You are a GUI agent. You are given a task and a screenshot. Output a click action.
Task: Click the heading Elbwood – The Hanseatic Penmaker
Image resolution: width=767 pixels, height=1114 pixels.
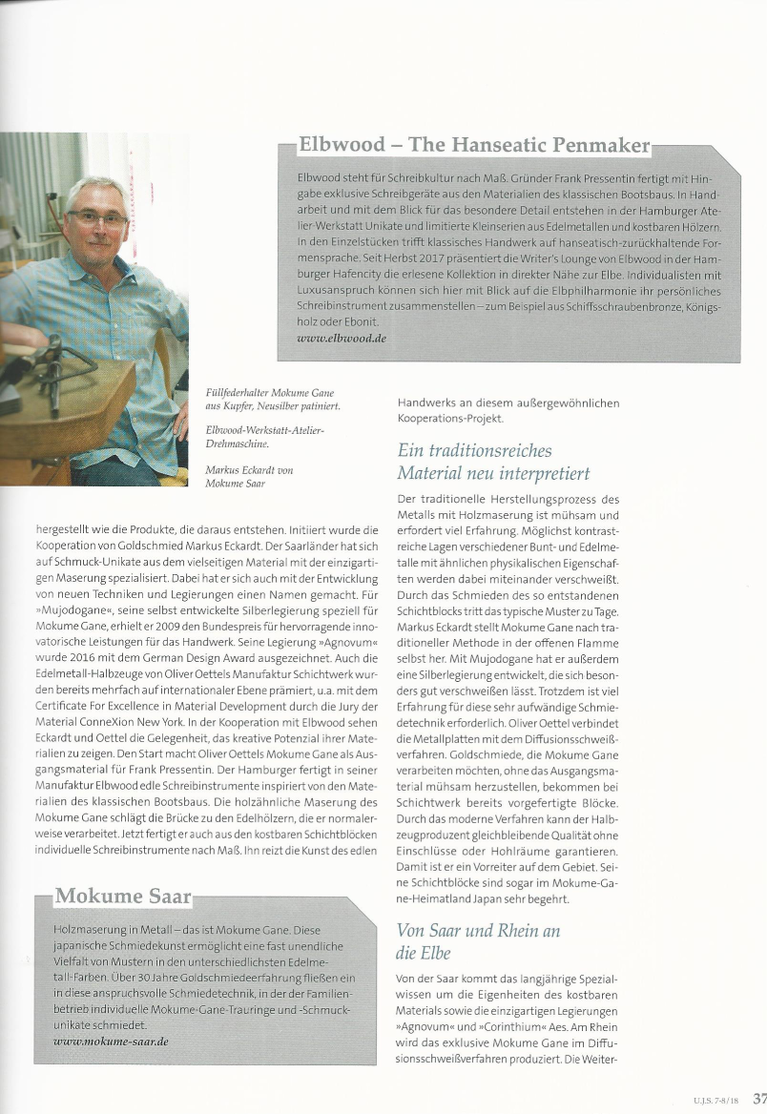pyautogui.click(x=474, y=146)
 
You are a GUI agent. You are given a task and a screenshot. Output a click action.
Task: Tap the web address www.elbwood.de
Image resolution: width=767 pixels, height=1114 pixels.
pyautogui.click(x=342, y=338)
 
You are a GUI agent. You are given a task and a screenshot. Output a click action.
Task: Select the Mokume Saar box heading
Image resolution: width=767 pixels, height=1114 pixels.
pyautogui.click(x=123, y=897)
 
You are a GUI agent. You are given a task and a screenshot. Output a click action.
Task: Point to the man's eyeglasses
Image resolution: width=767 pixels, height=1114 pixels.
pyautogui.click(x=97, y=218)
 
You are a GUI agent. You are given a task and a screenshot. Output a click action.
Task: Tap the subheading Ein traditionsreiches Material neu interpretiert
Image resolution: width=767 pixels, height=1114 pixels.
pyautogui.click(x=493, y=462)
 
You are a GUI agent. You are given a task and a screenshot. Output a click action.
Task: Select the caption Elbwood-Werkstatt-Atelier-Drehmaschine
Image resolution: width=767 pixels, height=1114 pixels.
pyautogui.click(x=265, y=438)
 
